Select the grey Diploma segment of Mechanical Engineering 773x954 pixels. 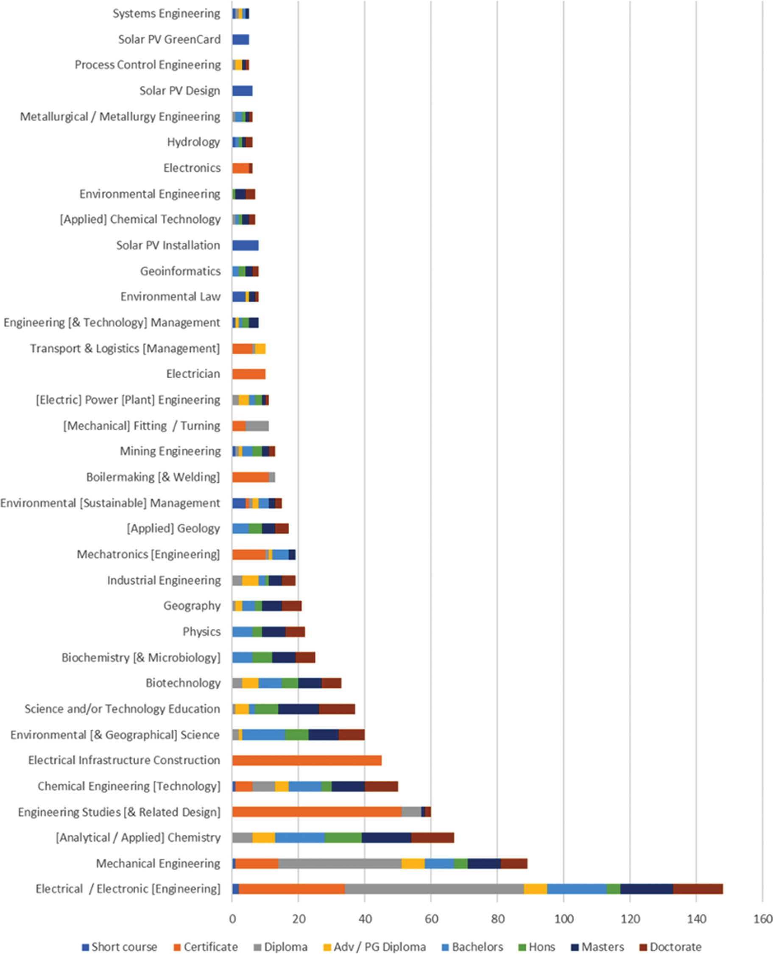tap(340, 863)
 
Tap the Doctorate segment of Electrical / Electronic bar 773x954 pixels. tap(698, 889)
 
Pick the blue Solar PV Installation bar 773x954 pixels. tap(246, 245)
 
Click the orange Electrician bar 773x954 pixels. tap(249, 374)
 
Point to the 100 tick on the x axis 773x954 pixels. tap(563, 919)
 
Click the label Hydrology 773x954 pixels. tap(194, 142)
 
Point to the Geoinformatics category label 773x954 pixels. tap(180, 271)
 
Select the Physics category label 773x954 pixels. tap(201, 631)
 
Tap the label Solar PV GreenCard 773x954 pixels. tap(169, 39)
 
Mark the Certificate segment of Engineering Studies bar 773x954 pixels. tap(317, 812)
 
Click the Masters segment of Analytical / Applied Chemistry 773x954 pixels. tap(386, 837)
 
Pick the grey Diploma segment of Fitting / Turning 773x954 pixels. tap(257, 426)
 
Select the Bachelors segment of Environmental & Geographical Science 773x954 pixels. tap(264, 734)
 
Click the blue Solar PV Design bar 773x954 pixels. tap(242, 91)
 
